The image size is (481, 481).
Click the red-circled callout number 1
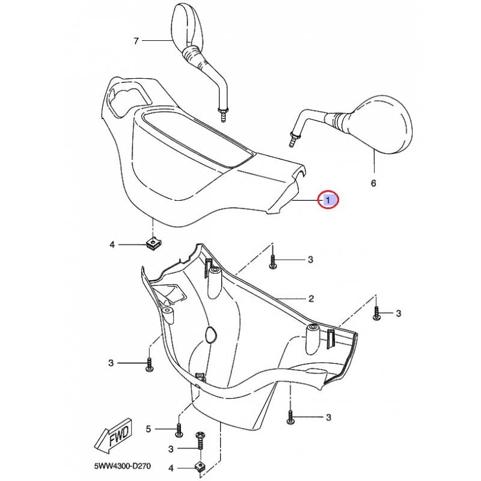click(328, 200)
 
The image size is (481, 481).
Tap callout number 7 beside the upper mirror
click(136, 41)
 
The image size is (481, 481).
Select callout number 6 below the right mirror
click(373, 183)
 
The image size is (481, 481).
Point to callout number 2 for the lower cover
click(311, 298)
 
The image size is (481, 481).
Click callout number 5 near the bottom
click(148, 429)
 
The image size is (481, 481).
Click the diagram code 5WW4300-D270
click(123, 466)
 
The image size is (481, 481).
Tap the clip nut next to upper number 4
click(153, 244)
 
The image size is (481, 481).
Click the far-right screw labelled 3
click(376, 314)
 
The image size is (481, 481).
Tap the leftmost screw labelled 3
click(149, 365)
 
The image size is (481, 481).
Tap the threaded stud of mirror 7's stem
click(223, 115)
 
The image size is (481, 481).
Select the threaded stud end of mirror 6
click(293, 139)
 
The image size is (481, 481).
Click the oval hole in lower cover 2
click(210, 334)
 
